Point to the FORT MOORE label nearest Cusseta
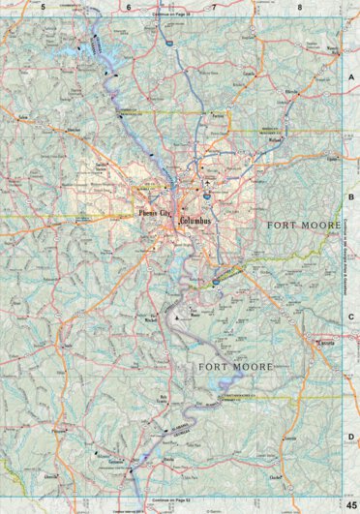(235, 367)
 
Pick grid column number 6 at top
(129, 7)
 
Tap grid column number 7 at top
(214, 7)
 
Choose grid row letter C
(351, 317)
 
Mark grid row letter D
(351, 437)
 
